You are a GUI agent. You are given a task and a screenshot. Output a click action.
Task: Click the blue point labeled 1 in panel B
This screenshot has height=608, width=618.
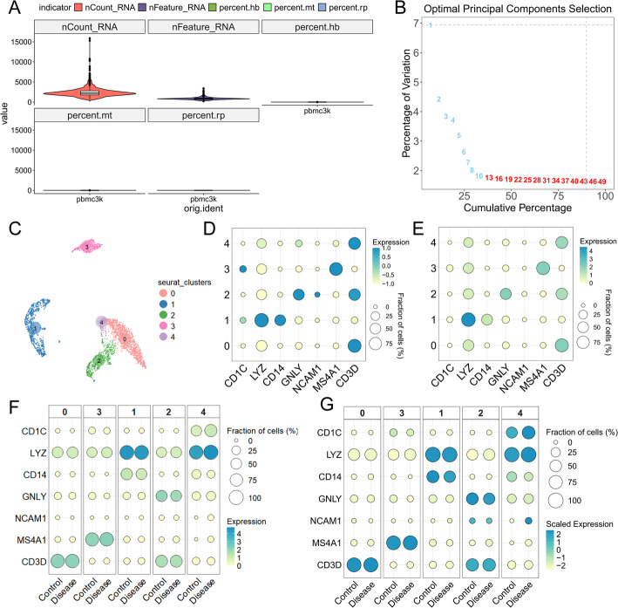pyautogui.click(x=430, y=24)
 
